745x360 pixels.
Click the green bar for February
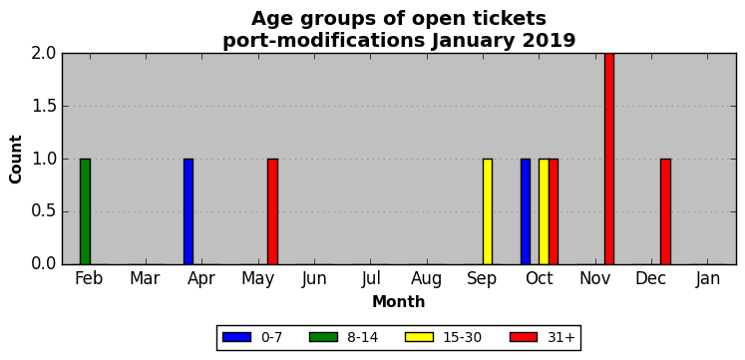click(x=85, y=211)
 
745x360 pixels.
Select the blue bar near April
click(x=188, y=211)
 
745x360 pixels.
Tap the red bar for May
click(x=272, y=211)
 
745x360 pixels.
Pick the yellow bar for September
click(x=488, y=211)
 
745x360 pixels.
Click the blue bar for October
click(x=526, y=211)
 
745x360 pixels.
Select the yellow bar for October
click(x=544, y=211)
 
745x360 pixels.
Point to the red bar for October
click(x=554, y=211)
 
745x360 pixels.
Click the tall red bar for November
click(x=609, y=160)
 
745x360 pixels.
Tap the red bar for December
click(x=665, y=211)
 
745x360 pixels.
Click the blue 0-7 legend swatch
click(x=236, y=337)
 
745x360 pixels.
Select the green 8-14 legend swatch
click(x=323, y=337)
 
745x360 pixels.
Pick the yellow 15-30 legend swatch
click(x=419, y=337)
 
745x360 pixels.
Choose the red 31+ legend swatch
click(x=524, y=337)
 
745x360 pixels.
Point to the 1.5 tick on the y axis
click(x=62, y=107)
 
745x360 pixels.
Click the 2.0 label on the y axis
click(x=44, y=54)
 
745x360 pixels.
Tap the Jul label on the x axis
click(x=370, y=279)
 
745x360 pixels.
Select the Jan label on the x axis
click(x=708, y=279)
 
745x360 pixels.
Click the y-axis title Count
click(x=16, y=160)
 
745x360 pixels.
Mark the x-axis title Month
click(x=399, y=301)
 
